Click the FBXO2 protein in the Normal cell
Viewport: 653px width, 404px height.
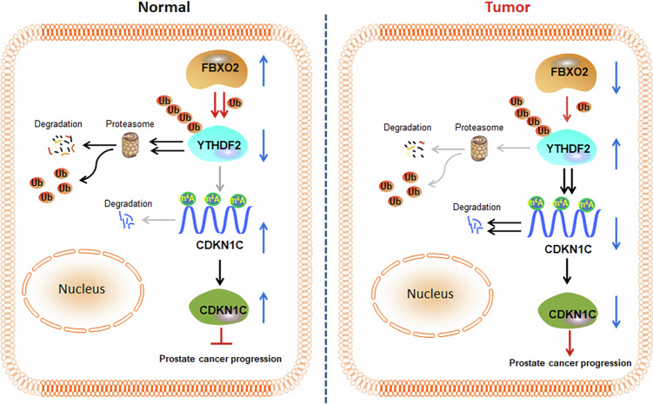(x=217, y=69)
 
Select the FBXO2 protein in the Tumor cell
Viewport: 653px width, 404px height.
(x=565, y=73)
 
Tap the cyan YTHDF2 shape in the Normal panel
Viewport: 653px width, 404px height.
(x=217, y=146)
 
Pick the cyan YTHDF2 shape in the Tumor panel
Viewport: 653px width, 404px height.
(x=567, y=149)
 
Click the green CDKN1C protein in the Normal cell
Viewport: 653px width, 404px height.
(x=219, y=308)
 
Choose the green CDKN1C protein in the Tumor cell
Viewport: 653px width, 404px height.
(x=568, y=313)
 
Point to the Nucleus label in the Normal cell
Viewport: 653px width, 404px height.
(x=82, y=288)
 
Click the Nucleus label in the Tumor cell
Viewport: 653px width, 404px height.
(x=430, y=294)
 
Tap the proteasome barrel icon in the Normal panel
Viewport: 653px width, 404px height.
(x=130, y=144)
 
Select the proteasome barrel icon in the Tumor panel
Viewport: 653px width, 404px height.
(x=479, y=149)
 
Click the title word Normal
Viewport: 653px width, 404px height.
(x=164, y=7)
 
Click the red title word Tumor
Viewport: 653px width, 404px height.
(x=507, y=7)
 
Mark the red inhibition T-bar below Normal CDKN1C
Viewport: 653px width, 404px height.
(x=221, y=337)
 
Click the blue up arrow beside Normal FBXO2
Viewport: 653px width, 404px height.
(x=263, y=70)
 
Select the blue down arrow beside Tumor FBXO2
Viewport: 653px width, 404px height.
(x=616, y=78)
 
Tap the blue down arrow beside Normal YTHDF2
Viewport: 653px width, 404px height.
(x=263, y=146)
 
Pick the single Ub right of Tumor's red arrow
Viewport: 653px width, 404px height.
(x=583, y=107)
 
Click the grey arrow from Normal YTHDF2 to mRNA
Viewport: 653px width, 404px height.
(x=220, y=179)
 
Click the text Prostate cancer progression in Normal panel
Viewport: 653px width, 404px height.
(x=220, y=359)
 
